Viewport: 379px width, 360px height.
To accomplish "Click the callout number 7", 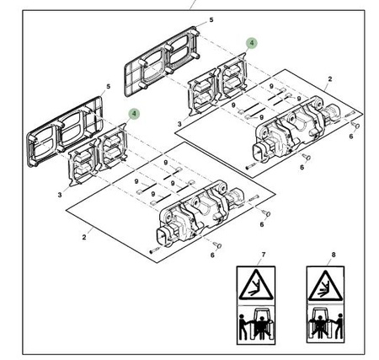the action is (x=264, y=255).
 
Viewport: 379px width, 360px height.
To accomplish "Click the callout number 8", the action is (x=334, y=255).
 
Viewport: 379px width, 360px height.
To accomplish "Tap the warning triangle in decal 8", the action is (x=325, y=286).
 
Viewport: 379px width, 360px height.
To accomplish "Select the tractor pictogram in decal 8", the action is (x=320, y=324).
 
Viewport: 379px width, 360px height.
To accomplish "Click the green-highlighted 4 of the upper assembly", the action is (x=252, y=43).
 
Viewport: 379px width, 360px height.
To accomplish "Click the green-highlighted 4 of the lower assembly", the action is (x=134, y=114).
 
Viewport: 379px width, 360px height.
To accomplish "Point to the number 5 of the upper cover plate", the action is (x=211, y=20).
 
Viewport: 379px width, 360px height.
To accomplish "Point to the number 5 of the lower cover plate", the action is (x=109, y=86).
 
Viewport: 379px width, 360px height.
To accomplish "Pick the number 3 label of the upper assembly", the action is (x=179, y=124).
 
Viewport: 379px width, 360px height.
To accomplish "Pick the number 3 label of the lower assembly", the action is (x=60, y=195).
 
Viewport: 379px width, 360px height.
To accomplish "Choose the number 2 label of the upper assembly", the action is (x=330, y=79).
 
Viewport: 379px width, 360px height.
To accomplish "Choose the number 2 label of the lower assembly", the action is (x=84, y=237).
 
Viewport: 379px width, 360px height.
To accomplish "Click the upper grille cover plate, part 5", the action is (x=162, y=62).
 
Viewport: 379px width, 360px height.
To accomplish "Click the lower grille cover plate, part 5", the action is (x=64, y=132).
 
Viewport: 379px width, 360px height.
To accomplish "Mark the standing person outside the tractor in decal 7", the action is (x=243, y=326).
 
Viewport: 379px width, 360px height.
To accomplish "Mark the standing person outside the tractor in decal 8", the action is (x=339, y=326).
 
